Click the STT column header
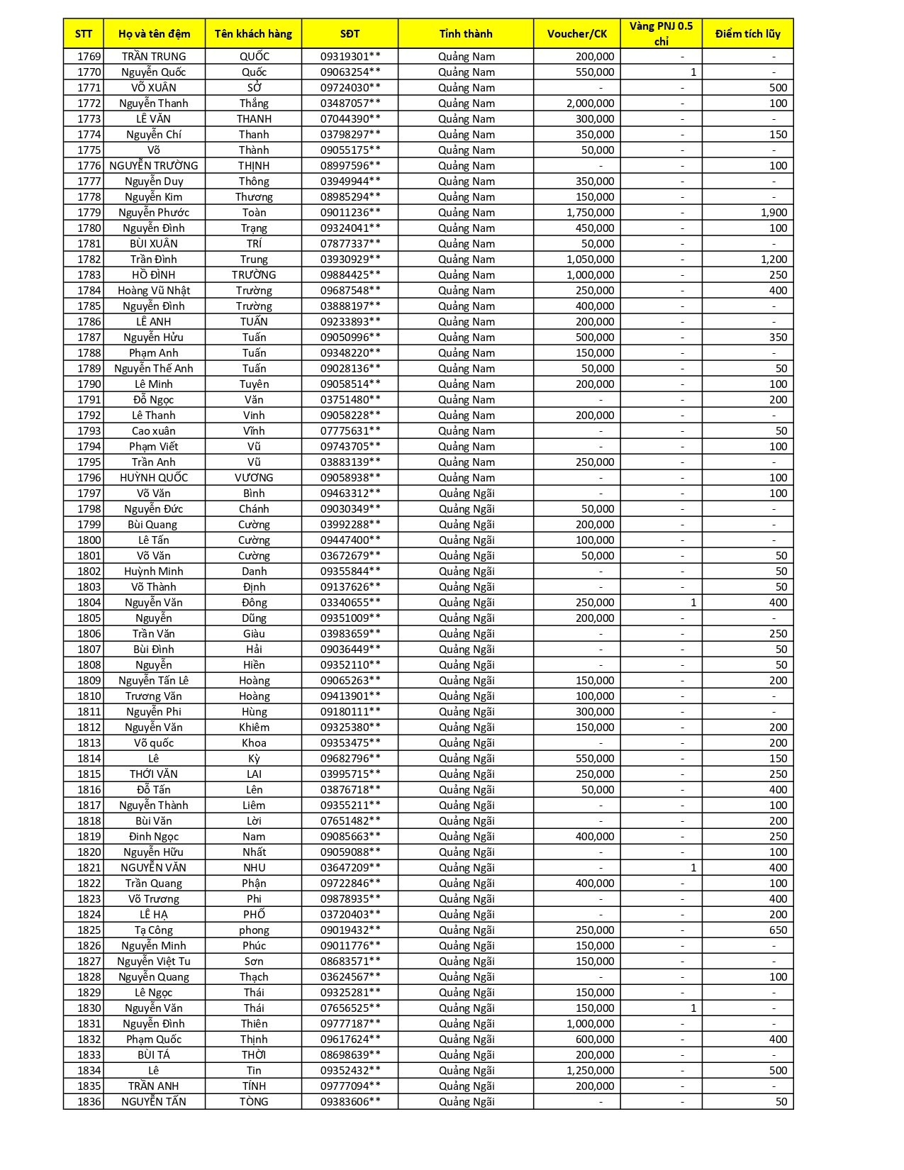pos(83,33)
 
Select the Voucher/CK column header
pos(576,33)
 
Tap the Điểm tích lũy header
pos(747,33)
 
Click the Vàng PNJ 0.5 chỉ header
pos(661,33)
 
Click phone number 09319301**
pos(350,56)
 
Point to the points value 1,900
pos(774,212)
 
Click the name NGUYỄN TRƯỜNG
pos(154,165)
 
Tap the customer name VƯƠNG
pos(254,477)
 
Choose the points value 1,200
pos(774,259)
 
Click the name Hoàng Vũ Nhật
pos(154,290)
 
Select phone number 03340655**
pos(350,602)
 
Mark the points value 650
pos(778,930)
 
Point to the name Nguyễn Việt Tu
pos(154,961)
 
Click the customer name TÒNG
pos(254,1101)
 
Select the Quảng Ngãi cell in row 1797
pos(466,493)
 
